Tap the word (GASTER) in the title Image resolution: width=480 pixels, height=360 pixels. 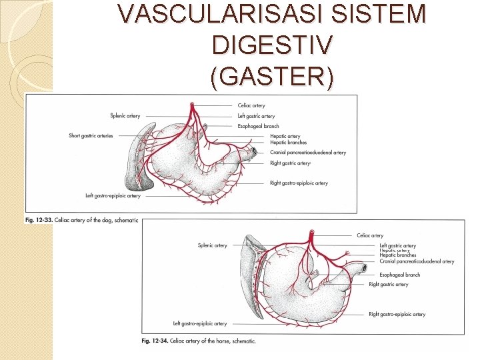(271, 77)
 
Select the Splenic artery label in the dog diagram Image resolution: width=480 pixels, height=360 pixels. (125, 115)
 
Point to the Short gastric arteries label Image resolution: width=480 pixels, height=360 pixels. (91, 136)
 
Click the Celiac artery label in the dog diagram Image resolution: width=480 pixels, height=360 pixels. (251, 105)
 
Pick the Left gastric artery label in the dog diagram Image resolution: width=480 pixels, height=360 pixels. (256, 116)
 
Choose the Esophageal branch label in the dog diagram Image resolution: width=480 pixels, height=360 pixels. (258, 126)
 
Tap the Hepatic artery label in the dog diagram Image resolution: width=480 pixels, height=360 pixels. (285, 137)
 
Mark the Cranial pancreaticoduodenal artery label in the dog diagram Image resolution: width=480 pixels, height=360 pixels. (308, 153)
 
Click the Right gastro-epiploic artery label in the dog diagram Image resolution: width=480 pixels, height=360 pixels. (299, 183)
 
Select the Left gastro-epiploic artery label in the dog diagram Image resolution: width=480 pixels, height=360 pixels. (113, 196)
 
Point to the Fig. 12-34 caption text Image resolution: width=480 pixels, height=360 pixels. (199, 341)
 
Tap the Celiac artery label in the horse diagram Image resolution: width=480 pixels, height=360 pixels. (370, 235)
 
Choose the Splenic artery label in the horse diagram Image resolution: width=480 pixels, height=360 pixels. (212, 245)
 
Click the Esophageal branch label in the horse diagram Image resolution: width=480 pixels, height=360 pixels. (400, 275)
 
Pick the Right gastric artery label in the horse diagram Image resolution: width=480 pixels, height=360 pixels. (389, 285)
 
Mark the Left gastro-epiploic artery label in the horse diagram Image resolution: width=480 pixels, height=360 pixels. (200, 324)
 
